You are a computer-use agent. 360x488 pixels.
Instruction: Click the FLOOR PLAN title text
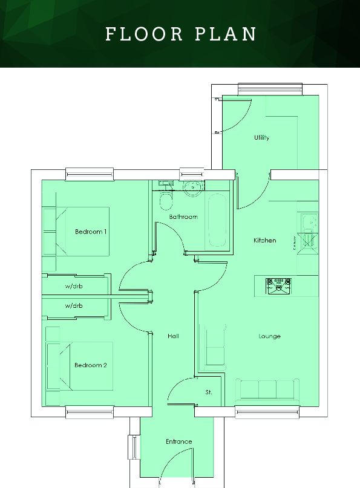pos(181,34)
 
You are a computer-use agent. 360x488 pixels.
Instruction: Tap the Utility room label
pos(261,138)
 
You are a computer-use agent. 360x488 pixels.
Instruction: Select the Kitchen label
pos(264,241)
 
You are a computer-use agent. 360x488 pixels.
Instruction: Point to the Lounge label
pos(269,336)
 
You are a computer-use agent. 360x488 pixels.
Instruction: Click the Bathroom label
pos(183,216)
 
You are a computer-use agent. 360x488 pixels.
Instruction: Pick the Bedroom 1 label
pos(91,232)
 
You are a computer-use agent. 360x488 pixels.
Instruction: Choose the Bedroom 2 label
pos(91,365)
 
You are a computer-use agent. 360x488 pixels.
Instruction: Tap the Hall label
pos(173,336)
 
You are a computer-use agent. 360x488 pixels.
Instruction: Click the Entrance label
pos(178,442)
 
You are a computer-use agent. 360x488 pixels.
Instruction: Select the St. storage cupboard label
pos(209,392)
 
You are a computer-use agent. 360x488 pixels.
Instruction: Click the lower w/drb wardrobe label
pos(74,306)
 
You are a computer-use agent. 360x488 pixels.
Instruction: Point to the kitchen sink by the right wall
pos(309,223)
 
